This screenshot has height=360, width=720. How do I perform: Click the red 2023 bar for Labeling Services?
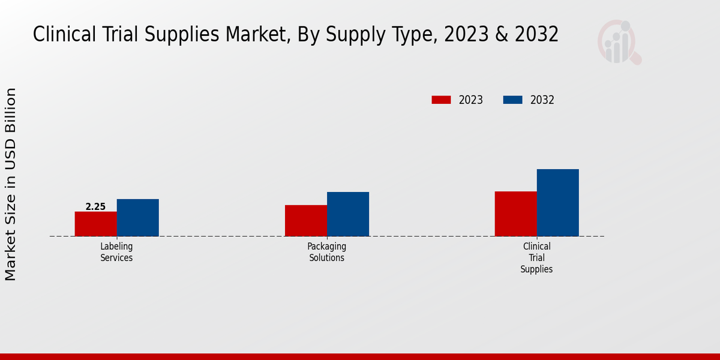coord(96,224)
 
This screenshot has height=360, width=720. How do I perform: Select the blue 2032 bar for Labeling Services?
coord(138,217)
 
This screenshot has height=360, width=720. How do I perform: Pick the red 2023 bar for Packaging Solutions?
coord(306,220)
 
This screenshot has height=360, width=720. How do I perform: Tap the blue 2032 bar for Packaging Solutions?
coord(348,214)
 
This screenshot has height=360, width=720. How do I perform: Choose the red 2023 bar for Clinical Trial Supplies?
coord(516,214)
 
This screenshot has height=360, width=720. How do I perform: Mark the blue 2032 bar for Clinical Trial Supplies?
coord(558,202)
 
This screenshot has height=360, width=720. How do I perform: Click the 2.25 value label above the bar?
coord(95,207)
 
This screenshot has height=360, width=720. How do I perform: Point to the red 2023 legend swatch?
coord(441,100)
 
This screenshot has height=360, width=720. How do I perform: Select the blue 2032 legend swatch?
coord(512,100)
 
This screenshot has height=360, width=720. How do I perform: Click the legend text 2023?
coord(471,100)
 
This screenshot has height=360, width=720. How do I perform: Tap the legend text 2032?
coord(542,100)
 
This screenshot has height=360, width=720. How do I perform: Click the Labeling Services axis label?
coord(116,252)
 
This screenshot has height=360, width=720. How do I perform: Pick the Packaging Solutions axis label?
coord(327,252)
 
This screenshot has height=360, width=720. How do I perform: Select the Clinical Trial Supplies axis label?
coord(536,257)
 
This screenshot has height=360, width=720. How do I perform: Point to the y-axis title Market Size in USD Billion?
coord(11,184)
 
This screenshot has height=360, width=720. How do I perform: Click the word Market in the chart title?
coord(253,35)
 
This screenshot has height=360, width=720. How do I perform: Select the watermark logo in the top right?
coord(619,42)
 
